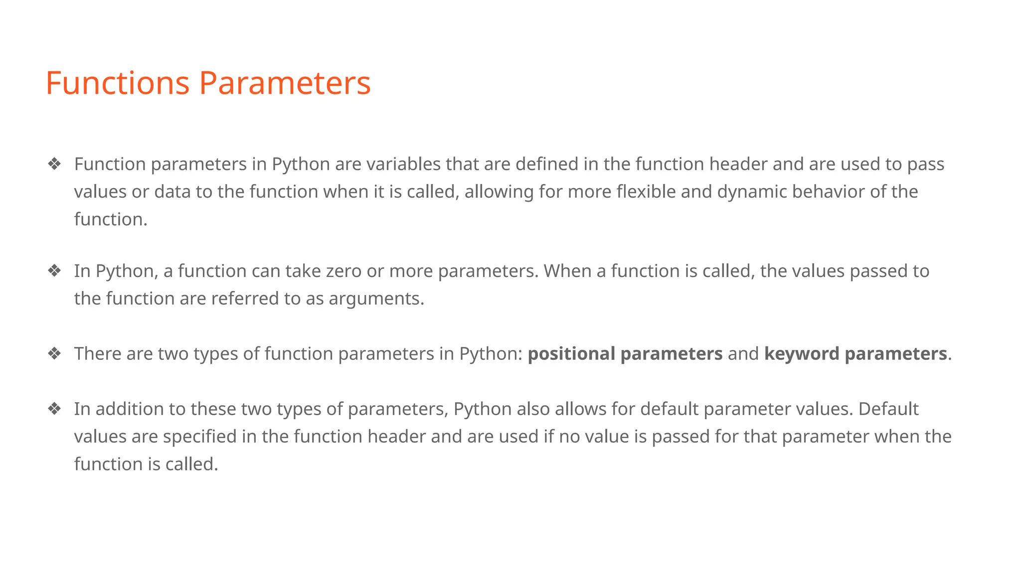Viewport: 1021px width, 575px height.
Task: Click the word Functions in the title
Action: pyautogui.click(x=118, y=83)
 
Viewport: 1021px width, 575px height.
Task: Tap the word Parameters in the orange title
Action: pyautogui.click(x=285, y=83)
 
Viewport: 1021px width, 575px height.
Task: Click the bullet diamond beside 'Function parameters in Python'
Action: pyautogui.click(x=54, y=164)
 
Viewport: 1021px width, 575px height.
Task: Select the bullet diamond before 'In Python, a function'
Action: pyautogui.click(x=54, y=271)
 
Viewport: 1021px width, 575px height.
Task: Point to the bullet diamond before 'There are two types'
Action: pyautogui.click(x=54, y=353)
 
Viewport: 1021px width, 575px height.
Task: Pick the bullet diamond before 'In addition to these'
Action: pyautogui.click(x=54, y=409)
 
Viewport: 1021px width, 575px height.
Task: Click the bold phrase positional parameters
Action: pyautogui.click(x=625, y=354)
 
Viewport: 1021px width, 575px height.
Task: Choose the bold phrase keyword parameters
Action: pyautogui.click(x=855, y=354)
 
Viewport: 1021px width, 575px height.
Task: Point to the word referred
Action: pyautogui.click(x=245, y=298)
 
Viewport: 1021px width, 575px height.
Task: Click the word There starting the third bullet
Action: pyautogui.click(x=98, y=353)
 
